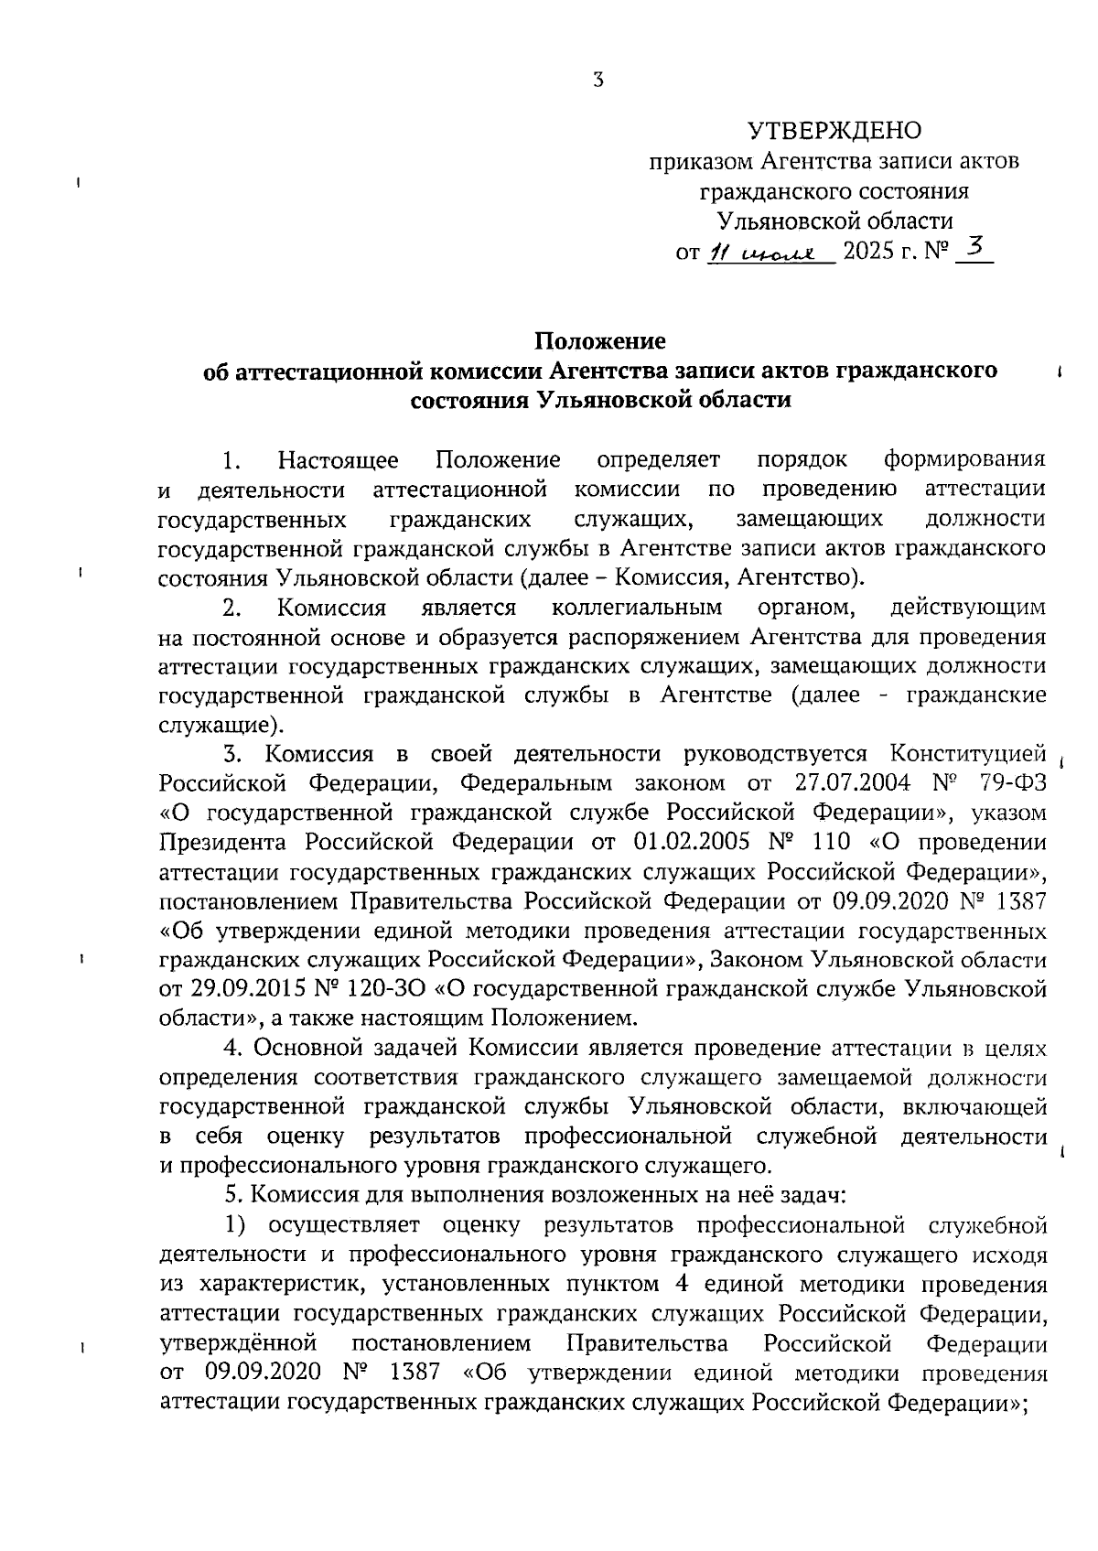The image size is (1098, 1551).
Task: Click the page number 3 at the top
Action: click(x=597, y=81)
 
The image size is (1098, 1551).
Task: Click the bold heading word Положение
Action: click(x=600, y=341)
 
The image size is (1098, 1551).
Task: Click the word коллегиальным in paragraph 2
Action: click(x=637, y=608)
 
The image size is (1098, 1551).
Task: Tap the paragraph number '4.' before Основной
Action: click(x=233, y=1049)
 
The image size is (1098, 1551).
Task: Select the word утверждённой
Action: click(x=238, y=1343)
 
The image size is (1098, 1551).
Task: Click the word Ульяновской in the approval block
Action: click(x=774, y=221)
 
